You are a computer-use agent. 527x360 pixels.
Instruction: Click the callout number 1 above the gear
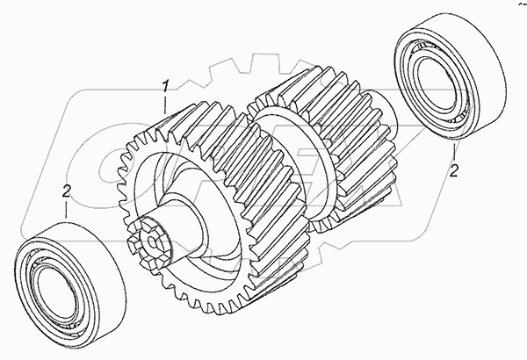click(x=165, y=86)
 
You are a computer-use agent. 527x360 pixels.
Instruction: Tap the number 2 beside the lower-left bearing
click(x=67, y=191)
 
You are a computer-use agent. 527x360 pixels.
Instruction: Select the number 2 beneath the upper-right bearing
click(x=454, y=170)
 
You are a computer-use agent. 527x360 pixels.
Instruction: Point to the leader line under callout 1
click(x=165, y=104)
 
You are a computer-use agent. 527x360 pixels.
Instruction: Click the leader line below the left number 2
click(x=66, y=210)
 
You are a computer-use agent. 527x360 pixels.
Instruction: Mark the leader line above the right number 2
click(x=454, y=152)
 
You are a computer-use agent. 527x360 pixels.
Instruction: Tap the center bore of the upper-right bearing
click(x=435, y=83)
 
